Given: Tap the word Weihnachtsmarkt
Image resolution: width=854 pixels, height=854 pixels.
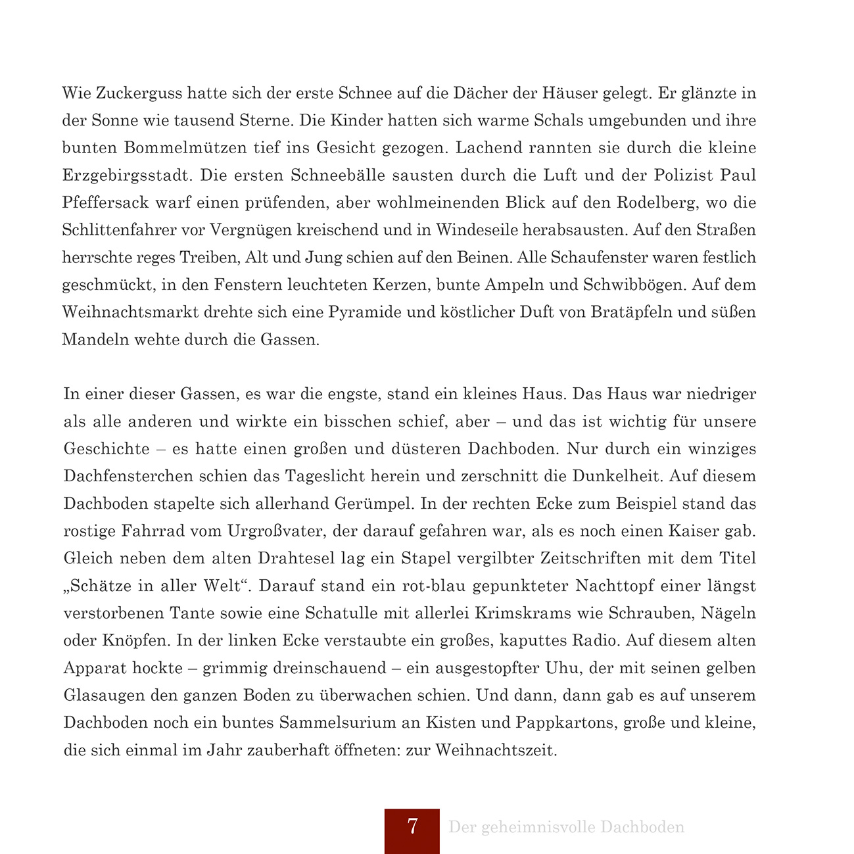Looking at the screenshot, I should coord(130,312).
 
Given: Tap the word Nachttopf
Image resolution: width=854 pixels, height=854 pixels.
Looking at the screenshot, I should coord(615,586).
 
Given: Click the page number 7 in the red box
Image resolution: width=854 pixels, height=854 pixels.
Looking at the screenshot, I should coord(412,827).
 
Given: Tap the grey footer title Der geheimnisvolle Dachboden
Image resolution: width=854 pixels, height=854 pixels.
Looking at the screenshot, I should coord(566,827).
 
